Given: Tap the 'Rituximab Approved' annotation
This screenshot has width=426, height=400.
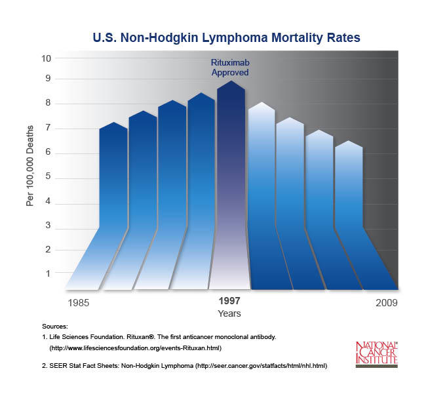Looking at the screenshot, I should [x=229, y=68].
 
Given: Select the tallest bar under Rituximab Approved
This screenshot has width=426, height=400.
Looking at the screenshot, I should [x=231, y=164].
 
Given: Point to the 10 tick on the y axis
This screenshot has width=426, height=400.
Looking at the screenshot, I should [x=47, y=58].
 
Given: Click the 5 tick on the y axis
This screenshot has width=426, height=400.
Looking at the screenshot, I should [x=48, y=178].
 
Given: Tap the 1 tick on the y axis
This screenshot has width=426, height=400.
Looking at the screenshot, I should [x=48, y=273].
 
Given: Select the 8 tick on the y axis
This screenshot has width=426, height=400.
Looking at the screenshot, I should [x=48, y=104].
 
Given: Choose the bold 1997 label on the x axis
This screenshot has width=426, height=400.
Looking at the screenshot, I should [x=229, y=301].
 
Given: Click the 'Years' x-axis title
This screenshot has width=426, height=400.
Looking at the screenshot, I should [x=229, y=314].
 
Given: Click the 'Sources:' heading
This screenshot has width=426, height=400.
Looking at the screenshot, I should [x=54, y=326].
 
